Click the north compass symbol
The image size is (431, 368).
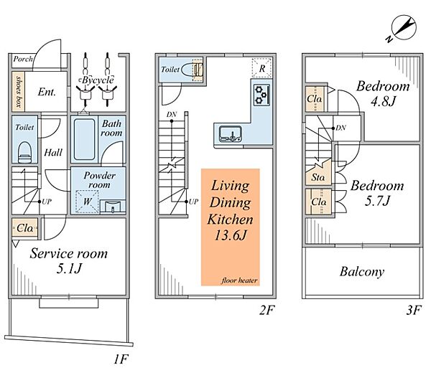pyautogui.click(x=402, y=29)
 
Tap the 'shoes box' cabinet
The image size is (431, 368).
pyautogui.click(x=19, y=91)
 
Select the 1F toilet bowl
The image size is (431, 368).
pyautogui.click(x=24, y=153)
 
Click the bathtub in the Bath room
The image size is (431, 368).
pyautogui.click(x=84, y=139)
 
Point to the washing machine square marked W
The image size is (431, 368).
pyautogui.click(x=87, y=202)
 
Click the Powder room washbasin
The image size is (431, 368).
pyautogui.click(x=113, y=207)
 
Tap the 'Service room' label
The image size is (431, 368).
pyautogui.click(x=68, y=253)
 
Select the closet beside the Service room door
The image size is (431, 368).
pyautogui.click(x=25, y=228)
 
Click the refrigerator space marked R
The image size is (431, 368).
pyautogui.click(x=261, y=67)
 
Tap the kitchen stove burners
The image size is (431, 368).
pyautogui.click(x=261, y=95)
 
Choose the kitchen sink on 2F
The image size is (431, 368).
pyautogui.click(x=231, y=134)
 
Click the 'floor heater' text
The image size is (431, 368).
pyautogui.click(x=239, y=280)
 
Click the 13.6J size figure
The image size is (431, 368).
pyautogui.click(x=231, y=235)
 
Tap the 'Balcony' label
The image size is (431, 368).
pyautogui.click(x=362, y=272)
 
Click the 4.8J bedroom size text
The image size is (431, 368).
pyautogui.click(x=383, y=101)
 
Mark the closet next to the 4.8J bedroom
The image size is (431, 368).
pyautogui.click(x=315, y=99)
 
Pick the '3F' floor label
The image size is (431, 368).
pyautogui.click(x=414, y=311)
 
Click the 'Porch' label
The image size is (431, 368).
pyautogui.click(x=23, y=59)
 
